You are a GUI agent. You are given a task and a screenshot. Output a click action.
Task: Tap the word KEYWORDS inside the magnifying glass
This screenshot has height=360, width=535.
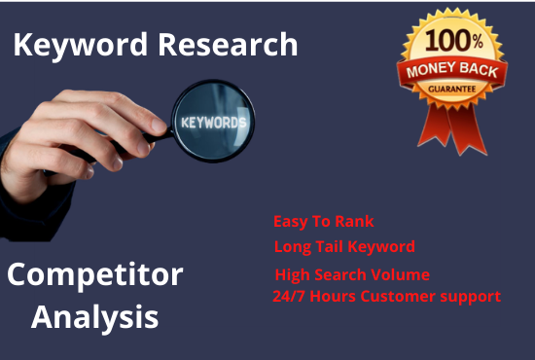[213, 123]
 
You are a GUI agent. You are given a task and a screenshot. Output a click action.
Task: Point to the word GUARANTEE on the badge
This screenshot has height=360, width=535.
[450, 89]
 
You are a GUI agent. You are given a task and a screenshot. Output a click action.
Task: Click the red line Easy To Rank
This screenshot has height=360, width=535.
[323, 222]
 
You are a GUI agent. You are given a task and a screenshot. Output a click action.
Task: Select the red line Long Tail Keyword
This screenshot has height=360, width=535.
[344, 247]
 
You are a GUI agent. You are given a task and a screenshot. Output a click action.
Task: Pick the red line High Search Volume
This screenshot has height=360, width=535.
[351, 274]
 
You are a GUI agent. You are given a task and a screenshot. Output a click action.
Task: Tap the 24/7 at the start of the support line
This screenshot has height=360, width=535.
[289, 296]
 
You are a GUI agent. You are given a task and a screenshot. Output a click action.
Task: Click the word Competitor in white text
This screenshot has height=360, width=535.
[94, 275]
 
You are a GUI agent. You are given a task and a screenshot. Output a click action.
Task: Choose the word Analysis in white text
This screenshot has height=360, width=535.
[94, 316]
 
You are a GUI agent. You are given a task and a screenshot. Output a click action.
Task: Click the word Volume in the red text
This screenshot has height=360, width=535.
[402, 274]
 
